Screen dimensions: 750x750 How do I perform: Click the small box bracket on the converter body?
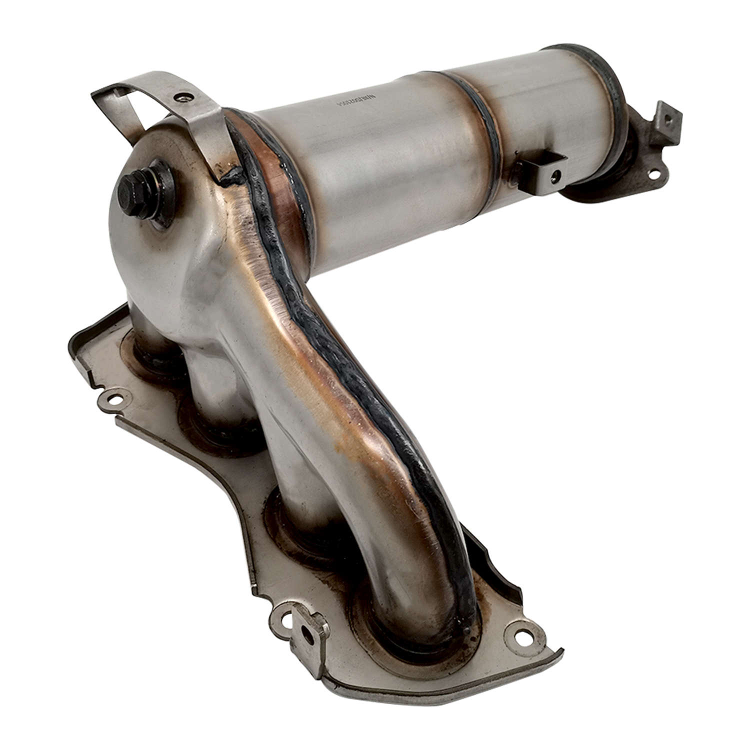pos(540,170)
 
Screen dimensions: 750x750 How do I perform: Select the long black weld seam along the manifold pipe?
pos(350,360)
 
